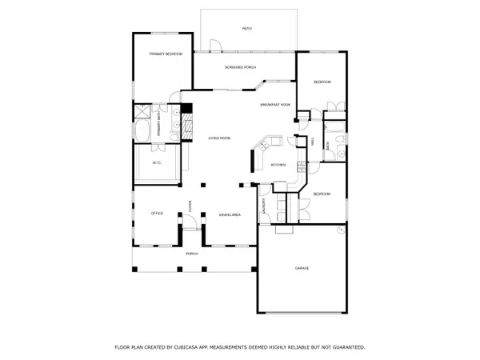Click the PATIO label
coord(247,29)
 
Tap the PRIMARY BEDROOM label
coord(166,54)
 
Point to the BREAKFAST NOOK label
coord(274,106)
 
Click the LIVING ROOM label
coord(219,138)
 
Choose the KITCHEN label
coord(278,165)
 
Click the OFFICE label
coord(158,214)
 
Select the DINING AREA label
coord(230,214)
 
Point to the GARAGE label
coord(301,267)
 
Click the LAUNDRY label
coord(263,206)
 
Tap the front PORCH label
coord(191,254)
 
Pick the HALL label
coord(311,142)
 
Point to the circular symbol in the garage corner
coord(339,230)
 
